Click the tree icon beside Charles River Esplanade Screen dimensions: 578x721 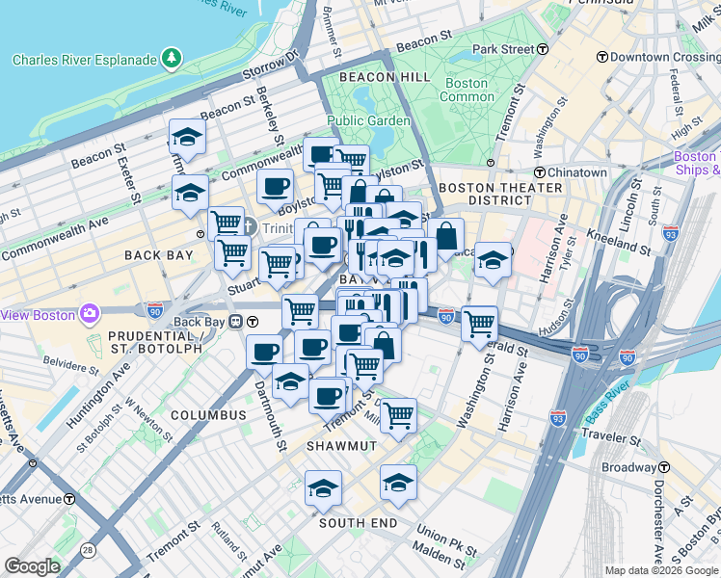172,60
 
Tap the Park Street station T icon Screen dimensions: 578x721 544,48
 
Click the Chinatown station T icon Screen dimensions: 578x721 540,172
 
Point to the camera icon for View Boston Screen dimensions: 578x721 90,313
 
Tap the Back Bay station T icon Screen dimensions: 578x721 252,321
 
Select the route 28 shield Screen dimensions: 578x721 88,549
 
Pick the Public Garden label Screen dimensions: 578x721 368,120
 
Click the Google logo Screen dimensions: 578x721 32,566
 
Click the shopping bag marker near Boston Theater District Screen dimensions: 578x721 446,235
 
